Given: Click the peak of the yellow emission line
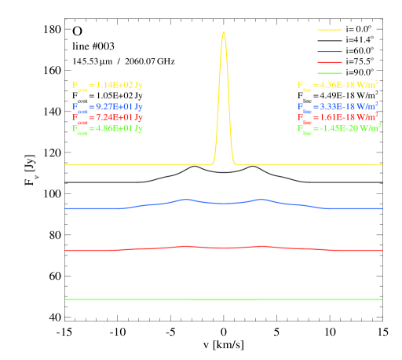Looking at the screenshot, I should pyautogui.click(x=224, y=33).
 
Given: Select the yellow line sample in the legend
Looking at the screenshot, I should pyautogui.click(x=330, y=30).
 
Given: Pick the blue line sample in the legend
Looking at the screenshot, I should pyautogui.click(x=330, y=51).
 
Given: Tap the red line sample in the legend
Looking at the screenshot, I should pyautogui.click(x=330, y=62).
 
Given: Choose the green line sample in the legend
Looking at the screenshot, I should pyautogui.click(x=330, y=73).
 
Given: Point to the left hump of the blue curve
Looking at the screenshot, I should pyautogui.click(x=185, y=200).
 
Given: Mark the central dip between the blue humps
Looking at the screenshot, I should pyautogui.click(x=224, y=204).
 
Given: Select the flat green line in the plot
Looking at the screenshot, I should pyautogui.click(x=224, y=299).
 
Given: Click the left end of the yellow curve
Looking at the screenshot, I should pyautogui.click(x=66, y=165).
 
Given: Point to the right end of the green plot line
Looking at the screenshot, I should pyautogui.click(x=382, y=299).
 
